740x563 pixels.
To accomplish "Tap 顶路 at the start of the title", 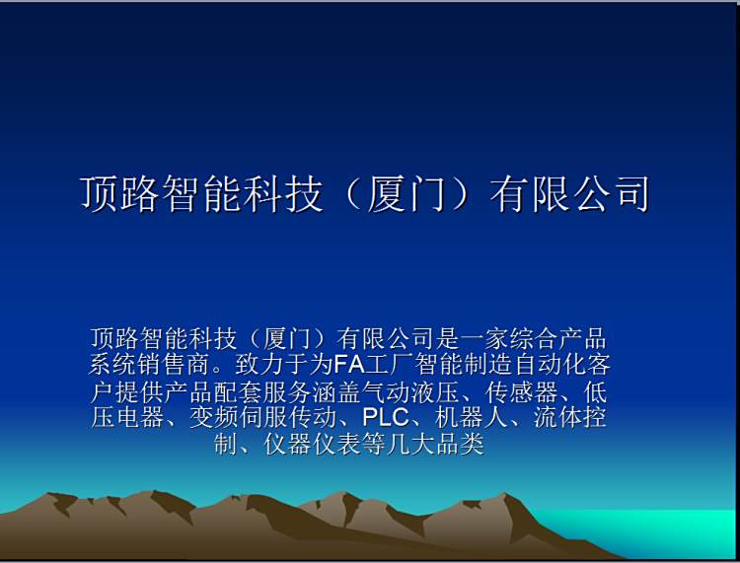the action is click(119, 194).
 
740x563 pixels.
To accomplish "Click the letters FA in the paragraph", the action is click(349, 365).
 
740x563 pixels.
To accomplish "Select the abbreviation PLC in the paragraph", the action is click(386, 417).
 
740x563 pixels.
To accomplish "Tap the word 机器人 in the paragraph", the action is click(471, 417).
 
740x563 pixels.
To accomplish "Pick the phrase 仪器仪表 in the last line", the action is click(312, 444).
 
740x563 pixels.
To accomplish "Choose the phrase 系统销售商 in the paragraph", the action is click(149, 365).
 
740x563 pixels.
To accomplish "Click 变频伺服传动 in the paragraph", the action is click(262, 417).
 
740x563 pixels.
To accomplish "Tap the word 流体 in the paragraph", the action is click(557, 417).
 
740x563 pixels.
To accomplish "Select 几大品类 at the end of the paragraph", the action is click(435, 444).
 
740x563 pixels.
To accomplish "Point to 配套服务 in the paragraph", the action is click(262, 391).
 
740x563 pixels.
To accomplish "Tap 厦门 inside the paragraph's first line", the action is click(287, 338).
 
